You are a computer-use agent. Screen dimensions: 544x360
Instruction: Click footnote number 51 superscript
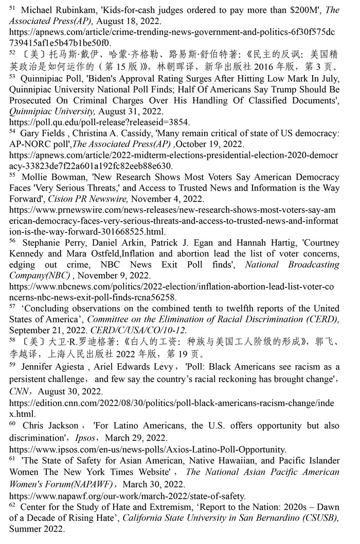pyautogui.click(x=13, y=8)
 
